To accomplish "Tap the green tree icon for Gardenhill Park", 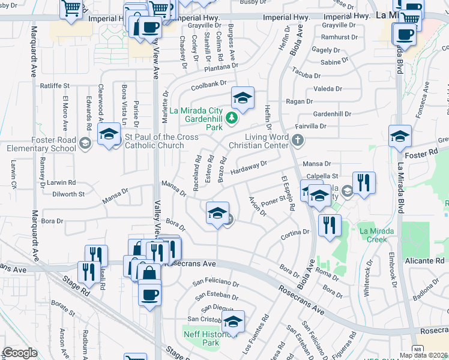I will [x=230, y=119].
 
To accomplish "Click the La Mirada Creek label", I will [x=376, y=235].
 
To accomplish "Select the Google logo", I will [x=20, y=353].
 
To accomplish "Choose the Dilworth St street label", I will [x=68, y=194].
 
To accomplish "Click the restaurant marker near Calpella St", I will [x=364, y=183].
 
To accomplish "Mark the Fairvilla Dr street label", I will [x=311, y=127].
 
